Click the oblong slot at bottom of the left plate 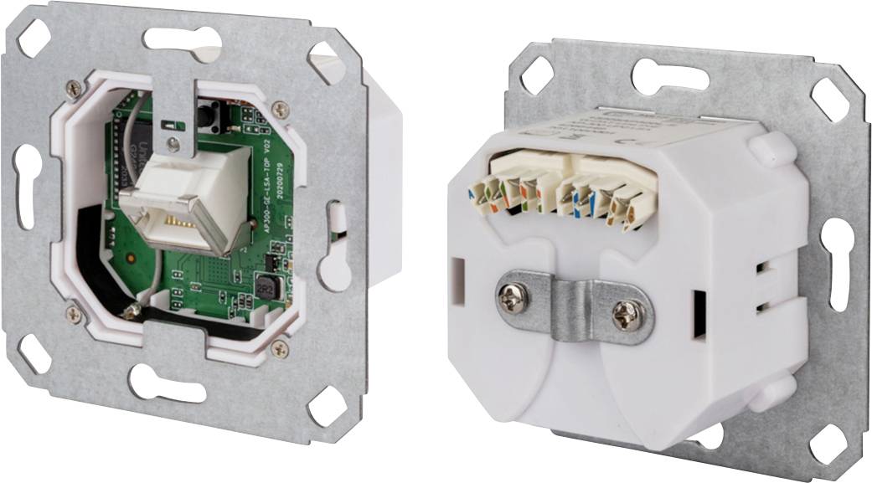164,382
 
